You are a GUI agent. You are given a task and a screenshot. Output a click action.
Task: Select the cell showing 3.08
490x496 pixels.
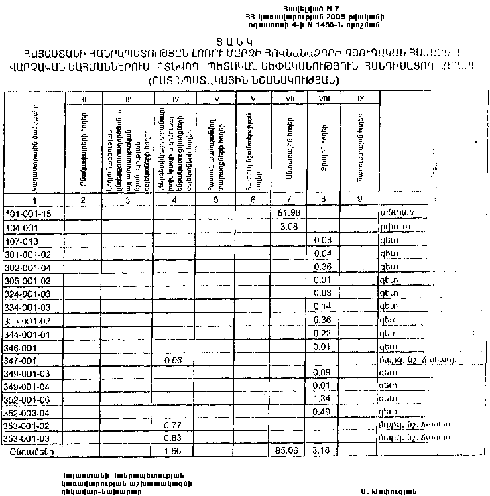287,227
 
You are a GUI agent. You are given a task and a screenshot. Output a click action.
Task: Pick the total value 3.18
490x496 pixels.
324,451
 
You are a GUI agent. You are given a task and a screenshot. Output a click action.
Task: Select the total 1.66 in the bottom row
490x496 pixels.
174,451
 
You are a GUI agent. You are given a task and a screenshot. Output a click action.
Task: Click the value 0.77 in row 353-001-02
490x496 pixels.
174,425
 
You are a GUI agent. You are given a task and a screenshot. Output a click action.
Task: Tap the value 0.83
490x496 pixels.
174,438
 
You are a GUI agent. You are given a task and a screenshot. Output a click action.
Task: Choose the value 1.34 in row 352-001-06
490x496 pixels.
324,399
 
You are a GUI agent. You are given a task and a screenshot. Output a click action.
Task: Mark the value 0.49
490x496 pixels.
324,412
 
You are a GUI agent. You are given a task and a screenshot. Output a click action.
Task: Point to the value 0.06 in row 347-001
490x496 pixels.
174,360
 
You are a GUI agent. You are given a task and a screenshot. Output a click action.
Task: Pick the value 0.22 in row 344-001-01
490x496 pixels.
324,334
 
